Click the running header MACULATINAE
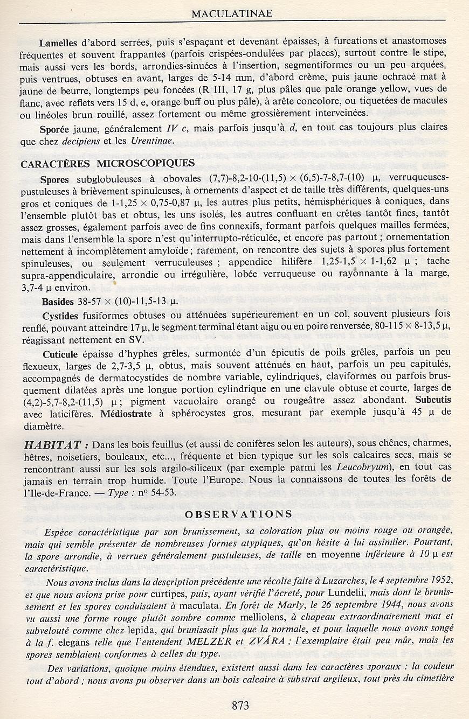[232, 13]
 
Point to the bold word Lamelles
[58, 41]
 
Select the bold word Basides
[57, 302]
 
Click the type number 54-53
[161, 492]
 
